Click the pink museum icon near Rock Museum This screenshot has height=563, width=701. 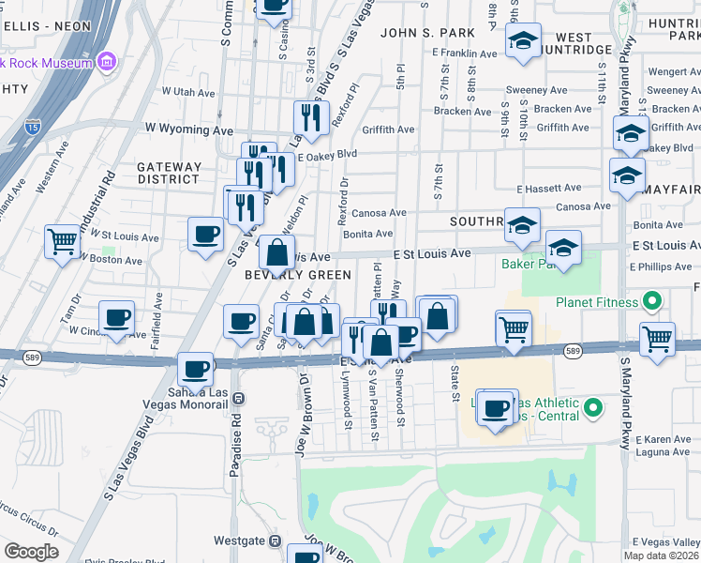pyautogui.click(x=108, y=63)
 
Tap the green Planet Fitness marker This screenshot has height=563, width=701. pyautogui.click(x=654, y=302)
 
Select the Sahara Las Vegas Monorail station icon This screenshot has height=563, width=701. pyautogui.click(x=238, y=398)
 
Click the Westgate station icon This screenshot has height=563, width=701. pyautogui.click(x=274, y=540)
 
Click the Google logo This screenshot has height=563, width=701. pyautogui.click(x=30, y=552)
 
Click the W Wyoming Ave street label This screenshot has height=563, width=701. pyautogui.click(x=187, y=129)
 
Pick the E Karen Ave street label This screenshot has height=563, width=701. pyautogui.click(x=663, y=438)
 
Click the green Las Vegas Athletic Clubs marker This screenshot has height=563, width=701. pyautogui.click(x=591, y=408)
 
